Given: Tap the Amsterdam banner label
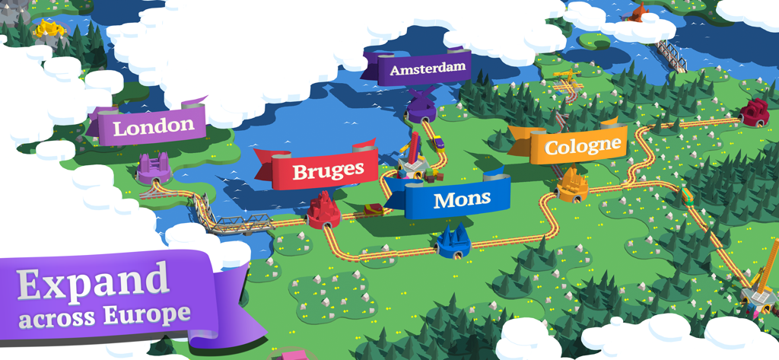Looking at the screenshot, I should [427, 69].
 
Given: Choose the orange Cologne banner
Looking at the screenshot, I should [583, 145].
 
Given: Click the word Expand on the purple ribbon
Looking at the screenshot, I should [94, 282].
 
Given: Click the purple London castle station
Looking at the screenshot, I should [153, 168].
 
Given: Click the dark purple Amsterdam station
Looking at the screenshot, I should [420, 107].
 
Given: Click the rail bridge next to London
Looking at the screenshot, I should [236, 222].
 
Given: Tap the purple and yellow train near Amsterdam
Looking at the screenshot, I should [440, 142].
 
